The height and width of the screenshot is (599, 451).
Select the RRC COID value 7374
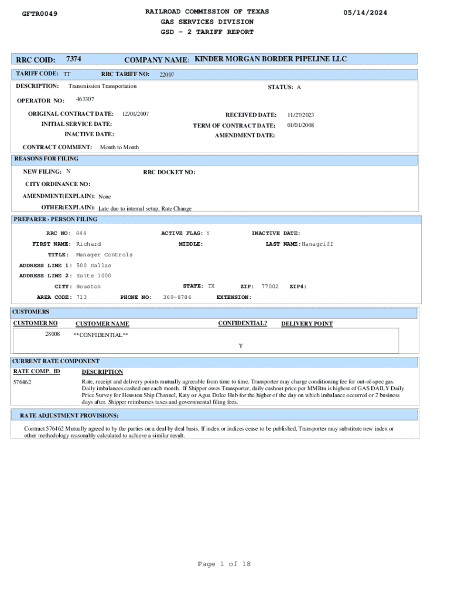(74, 59)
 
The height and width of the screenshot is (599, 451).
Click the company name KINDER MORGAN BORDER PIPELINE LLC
(271, 59)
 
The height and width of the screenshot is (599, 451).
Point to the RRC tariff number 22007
(167, 75)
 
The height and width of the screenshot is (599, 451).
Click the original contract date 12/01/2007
(135, 114)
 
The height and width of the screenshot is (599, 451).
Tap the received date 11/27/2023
(300, 115)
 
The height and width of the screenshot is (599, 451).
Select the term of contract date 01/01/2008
(300, 125)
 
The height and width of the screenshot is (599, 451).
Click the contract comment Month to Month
(119, 147)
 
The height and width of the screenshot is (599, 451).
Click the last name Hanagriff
(317, 244)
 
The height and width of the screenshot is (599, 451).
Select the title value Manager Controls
(104, 255)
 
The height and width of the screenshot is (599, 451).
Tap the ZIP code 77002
(270, 287)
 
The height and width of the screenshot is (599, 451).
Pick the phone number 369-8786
(177, 297)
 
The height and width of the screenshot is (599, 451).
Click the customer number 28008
(52, 334)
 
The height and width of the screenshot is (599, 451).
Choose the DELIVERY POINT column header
(306, 323)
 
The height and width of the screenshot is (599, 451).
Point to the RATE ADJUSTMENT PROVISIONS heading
(69, 415)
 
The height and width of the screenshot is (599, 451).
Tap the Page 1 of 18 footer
(224, 564)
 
